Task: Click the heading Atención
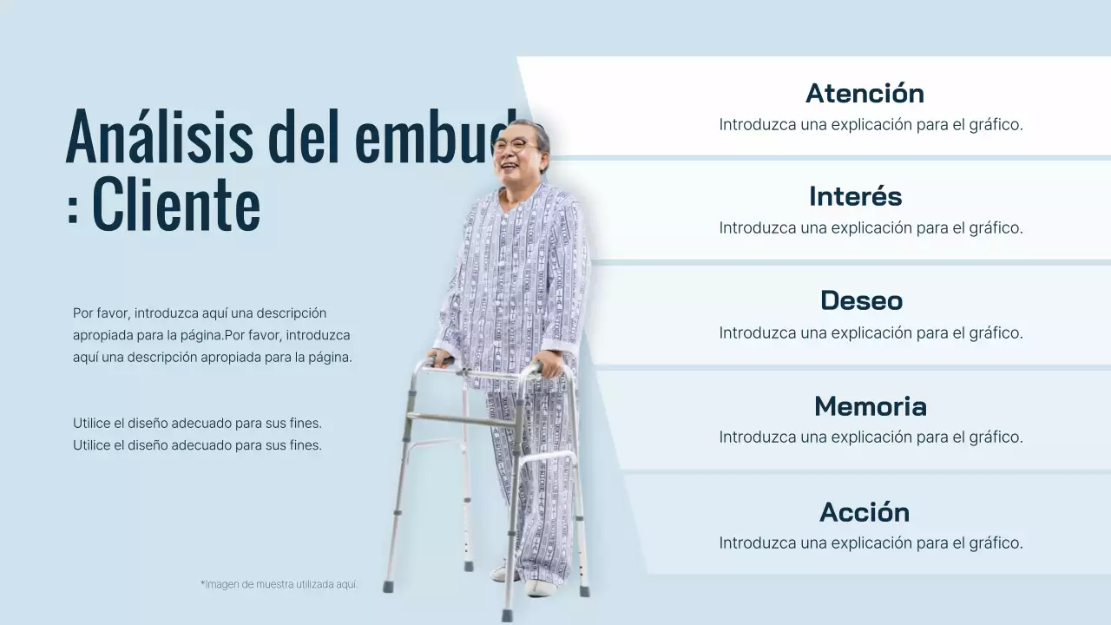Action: pos(864,93)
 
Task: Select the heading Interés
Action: pos(855,196)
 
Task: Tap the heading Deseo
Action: pos(861,300)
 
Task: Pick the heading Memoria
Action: pos(870,406)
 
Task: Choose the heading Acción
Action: pos(864,512)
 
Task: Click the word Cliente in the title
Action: pos(176,206)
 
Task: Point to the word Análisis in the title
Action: pos(159,137)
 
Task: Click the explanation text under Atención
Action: pos(871,124)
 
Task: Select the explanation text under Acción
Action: pos(871,543)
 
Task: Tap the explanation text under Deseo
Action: pos(871,332)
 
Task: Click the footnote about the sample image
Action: pos(279,584)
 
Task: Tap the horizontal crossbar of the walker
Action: pos(464,420)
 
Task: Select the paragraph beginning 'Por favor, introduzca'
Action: pos(212,334)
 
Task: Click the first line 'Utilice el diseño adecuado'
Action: pos(197,424)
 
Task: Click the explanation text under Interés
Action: pos(871,227)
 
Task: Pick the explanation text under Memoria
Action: pos(871,437)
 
